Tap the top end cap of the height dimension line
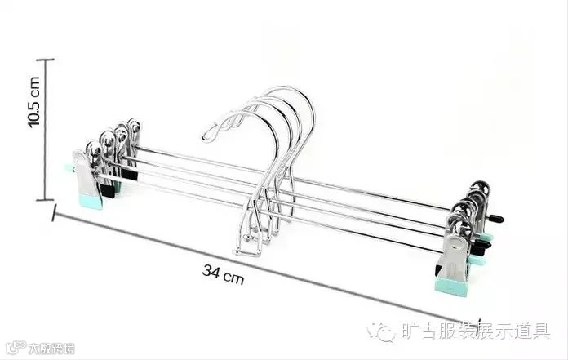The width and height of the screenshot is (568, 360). pos(46,60)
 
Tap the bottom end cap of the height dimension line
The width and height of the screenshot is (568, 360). pos(46,198)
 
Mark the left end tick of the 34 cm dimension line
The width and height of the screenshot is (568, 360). pos(55,215)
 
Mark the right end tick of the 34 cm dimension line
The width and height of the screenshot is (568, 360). pos(479,325)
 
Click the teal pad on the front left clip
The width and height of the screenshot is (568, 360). pos(90,200)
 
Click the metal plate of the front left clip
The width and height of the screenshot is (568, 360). pos(85,173)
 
